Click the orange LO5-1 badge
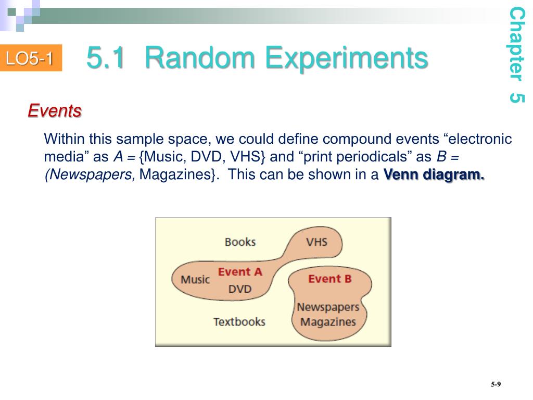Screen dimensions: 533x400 [x=30, y=59]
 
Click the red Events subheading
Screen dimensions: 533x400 [x=55, y=110]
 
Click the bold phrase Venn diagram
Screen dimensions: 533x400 [x=434, y=174]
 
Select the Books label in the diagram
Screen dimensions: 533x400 [x=240, y=242]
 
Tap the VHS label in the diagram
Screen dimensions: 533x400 [x=316, y=242]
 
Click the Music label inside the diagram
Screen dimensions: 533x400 [x=195, y=279]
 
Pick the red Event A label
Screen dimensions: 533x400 [x=240, y=271]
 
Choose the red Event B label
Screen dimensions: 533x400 [x=329, y=279]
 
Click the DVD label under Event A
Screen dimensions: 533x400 [x=240, y=289]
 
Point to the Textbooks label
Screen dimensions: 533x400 [x=239, y=321]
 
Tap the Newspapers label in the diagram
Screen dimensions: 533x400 [x=328, y=307]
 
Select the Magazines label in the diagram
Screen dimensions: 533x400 [x=328, y=321]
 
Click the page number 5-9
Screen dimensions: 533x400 [x=495, y=384]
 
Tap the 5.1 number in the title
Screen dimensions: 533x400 [x=106, y=58]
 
